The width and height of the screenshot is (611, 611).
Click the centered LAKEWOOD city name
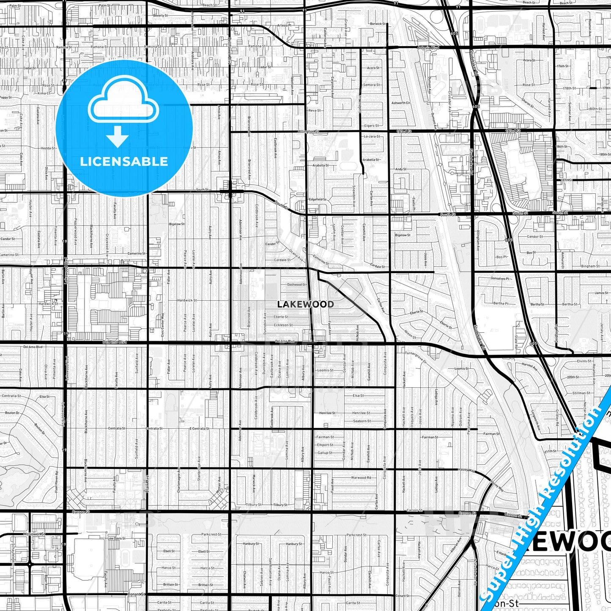point(305,304)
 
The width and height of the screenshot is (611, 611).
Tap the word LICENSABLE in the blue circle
point(124,162)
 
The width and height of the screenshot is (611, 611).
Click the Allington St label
point(309,132)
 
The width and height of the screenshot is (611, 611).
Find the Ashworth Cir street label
point(401,103)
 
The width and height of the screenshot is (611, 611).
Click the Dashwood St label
point(296,285)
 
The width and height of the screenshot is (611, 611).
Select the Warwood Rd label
point(361,478)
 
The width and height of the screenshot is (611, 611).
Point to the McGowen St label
point(34,534)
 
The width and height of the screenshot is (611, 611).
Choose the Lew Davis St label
point(117,538)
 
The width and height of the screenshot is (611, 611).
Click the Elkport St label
point(325,445)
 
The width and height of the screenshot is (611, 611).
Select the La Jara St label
point(372,137)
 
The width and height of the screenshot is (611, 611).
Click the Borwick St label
point(378,24)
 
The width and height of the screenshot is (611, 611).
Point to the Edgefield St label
point(318,199)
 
